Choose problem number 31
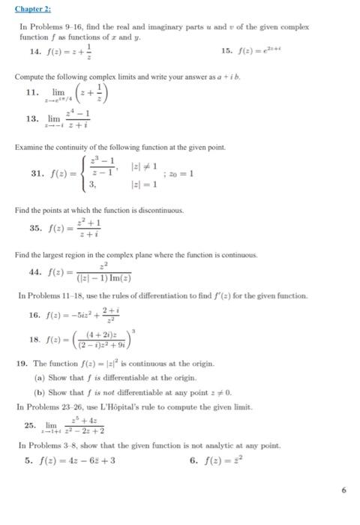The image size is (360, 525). [36, 172]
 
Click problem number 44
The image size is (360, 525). [35, 273]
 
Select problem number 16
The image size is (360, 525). [34, 316]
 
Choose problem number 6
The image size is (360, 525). [194, 458]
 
